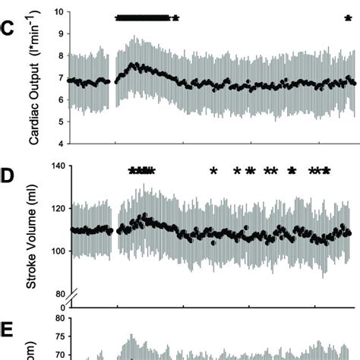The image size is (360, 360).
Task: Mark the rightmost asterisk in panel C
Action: click(x=349, y=18)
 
